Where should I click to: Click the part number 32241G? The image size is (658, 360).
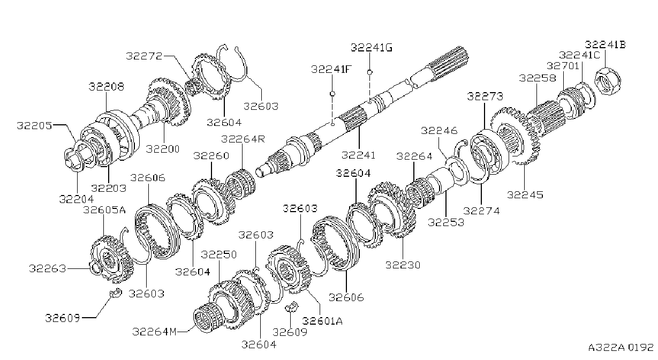click(372, 48)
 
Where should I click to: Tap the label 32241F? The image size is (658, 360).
click(331, 69)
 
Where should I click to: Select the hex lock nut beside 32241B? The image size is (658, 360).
click(608, 80)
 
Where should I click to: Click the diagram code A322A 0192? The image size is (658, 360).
click(621, 348)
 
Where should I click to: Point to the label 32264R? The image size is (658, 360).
click(243, 139)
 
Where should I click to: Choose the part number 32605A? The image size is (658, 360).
click(104, 210)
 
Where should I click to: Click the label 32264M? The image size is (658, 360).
click(155, 332)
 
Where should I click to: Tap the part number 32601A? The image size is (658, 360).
click(322, 321)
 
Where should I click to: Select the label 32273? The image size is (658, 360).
click(485, 96)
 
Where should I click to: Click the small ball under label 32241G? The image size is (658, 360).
click(370, 72)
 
